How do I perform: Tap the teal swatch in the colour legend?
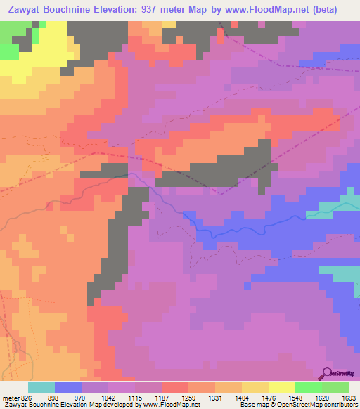pos(41,387)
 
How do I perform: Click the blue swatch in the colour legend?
pos(67,387)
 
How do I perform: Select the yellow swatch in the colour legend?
pos(281,387)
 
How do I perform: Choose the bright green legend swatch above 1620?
pos(308,387)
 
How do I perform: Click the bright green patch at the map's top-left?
pos(8,51)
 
